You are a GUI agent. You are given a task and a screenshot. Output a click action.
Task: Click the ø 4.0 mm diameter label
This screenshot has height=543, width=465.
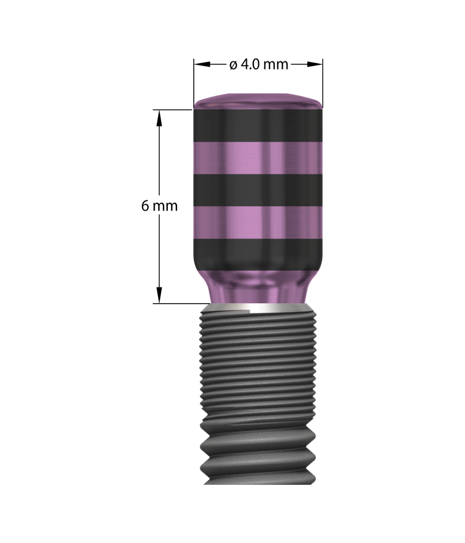click(x=259, y=64)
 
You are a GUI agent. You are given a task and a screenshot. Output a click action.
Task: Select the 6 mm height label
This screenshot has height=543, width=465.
click(x=159, y=206)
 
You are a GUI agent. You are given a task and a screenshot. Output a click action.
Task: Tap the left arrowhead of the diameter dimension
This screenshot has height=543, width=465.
click(x=202, y=64)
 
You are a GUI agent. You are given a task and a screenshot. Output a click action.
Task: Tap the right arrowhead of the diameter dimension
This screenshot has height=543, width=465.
click(x=315, y=64)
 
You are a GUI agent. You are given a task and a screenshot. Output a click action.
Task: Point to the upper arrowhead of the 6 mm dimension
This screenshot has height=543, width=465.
click(x=159, y=118)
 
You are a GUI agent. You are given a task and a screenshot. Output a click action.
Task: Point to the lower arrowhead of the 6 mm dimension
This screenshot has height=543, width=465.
click(x=159, y=295)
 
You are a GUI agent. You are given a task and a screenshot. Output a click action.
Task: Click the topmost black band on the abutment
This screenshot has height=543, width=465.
click(x=258, y=125)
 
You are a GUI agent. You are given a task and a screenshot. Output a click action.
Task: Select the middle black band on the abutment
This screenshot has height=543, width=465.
click(x=258, y=190)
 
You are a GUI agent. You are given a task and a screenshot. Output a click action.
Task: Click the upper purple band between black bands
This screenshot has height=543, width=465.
click(x=258, y=158)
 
